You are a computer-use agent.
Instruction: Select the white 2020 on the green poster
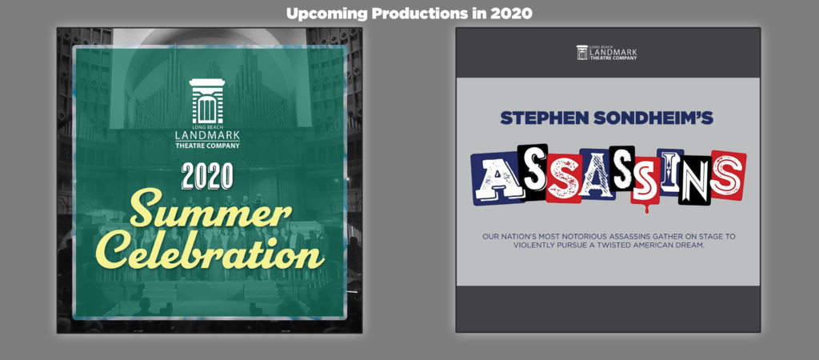[x=207, y=177]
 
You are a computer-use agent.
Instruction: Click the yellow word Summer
[x=210, y=213]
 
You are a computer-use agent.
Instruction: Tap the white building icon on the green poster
[x=207, y=102]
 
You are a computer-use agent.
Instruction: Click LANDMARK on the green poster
[x=207, y=136]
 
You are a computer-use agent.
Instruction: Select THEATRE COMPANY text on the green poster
[x=207, y=146]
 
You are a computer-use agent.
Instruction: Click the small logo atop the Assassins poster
[x=607, y=52]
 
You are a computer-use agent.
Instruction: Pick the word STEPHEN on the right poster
[x=535, y=118]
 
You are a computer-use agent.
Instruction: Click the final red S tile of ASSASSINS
[x=728, y=175]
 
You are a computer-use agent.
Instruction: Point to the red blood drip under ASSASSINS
[x=647, y=208]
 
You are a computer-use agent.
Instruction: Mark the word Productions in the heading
[x=422, y=13]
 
